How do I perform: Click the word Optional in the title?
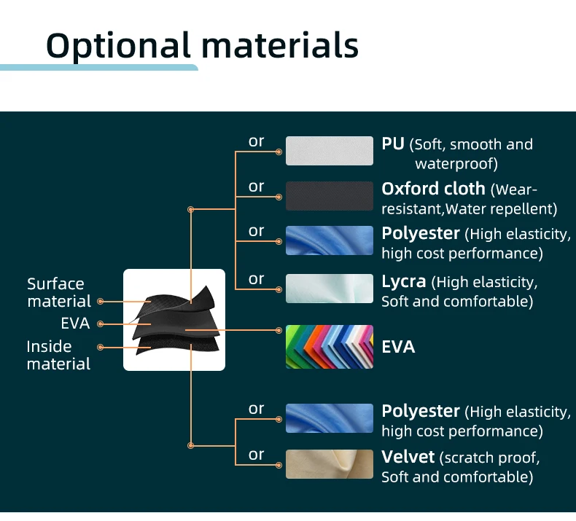[x=118, y=46]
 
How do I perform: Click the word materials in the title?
[x=280, y=45]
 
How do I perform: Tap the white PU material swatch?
[x=330, y=151]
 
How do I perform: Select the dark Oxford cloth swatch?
[x=330, y=196]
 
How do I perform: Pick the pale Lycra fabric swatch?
[x=330, y=289]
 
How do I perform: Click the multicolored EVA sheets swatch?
[x=330, y=347]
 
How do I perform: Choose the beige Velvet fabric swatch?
[x=330, y=464]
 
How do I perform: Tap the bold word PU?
[x=393, y=144]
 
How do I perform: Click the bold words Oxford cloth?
[x=434, y=189]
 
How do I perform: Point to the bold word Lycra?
[x=404, y=282]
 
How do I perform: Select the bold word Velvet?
[x=408, y=457]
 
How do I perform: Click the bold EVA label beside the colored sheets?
[x=398, y=347]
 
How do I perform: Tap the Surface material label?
[x=59, y=293]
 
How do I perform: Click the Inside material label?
[x=58, y=355]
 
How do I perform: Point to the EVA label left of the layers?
[x=75, y=324]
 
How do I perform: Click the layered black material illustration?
[x=174, y=320]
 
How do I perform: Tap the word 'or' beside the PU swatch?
[x=256, y=141]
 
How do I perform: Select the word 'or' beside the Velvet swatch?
[x=256, y=455]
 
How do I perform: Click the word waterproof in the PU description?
[x=456, y=164]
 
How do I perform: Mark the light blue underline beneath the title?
[x=99, y=68]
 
